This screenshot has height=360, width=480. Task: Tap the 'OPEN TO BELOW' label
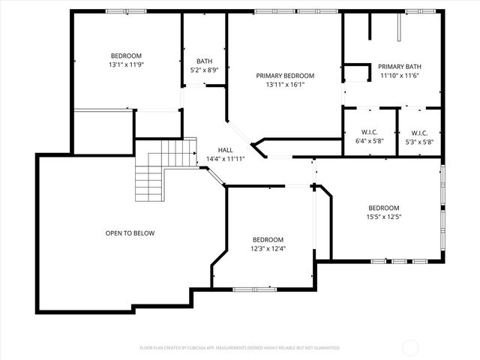click(130, 233)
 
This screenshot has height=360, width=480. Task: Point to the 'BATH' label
click(204, 61)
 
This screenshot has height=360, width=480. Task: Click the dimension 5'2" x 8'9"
click(204, 70)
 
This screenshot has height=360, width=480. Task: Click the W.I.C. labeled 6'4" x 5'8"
click(369, 133)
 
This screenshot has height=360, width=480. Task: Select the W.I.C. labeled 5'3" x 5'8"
click(419, 133)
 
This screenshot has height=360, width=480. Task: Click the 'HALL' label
click(225, 150)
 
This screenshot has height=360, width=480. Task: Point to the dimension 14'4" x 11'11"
click(225, 159)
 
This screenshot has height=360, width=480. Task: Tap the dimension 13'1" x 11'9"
click(126, 65)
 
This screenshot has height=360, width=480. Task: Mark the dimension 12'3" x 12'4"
click(268, 249)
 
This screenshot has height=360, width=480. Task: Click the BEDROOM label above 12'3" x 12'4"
click(268, 240)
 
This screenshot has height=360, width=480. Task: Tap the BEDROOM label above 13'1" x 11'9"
click(126, 56)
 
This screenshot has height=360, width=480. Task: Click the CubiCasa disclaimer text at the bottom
click(240, 348)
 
